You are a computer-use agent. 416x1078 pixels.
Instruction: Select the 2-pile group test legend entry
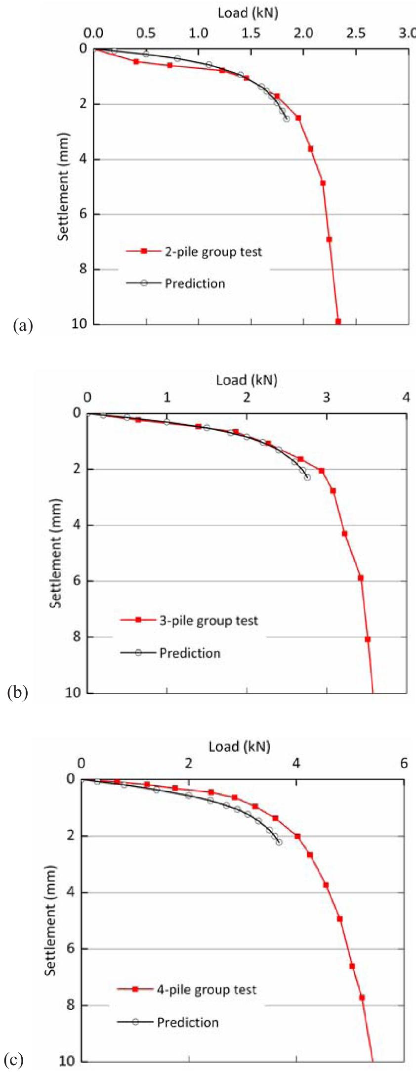213,252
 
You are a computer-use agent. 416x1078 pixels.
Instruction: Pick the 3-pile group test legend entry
208,621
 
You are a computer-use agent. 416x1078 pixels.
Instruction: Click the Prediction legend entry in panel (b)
190,653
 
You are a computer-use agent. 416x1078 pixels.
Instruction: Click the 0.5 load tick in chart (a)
146,33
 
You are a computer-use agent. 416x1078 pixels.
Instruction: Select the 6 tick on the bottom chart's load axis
404,763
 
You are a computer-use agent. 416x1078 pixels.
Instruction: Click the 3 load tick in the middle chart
326,397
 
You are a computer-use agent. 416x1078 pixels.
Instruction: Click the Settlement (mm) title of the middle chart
56,553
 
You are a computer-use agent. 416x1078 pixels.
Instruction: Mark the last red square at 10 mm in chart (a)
338,321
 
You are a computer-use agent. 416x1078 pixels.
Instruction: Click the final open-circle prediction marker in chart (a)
287,119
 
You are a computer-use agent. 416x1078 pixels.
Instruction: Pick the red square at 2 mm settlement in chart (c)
297,836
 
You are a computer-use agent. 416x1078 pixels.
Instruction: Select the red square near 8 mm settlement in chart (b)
368,639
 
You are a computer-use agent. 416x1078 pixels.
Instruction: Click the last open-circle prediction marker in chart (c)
279,842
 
